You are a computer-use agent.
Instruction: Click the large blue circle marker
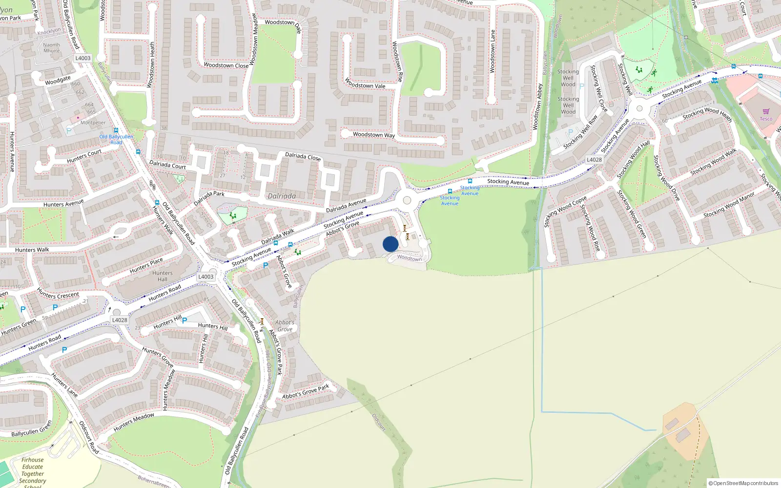390,244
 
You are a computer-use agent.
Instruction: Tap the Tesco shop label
766,119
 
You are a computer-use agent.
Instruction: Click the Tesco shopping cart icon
766,112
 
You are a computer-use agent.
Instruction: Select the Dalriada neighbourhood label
282,196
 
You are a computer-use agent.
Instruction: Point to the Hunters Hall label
162,276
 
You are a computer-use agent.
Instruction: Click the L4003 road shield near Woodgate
83,58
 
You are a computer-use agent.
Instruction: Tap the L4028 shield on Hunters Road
120,320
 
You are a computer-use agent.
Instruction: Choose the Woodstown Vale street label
365,83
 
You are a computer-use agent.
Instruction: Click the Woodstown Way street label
374,135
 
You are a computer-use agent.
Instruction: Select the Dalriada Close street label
303,157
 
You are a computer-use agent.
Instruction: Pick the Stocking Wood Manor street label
729,205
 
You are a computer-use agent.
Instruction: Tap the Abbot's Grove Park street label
306,391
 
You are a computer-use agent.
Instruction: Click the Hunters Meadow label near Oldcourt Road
134,422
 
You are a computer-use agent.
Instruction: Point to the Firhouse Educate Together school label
33,470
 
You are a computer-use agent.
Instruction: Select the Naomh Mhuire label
51,47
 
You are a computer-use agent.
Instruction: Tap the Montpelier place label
93,122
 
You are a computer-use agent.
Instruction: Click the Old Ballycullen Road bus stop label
116,139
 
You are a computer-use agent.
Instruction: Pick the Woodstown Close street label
226,65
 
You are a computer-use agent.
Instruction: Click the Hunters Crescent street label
58,294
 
